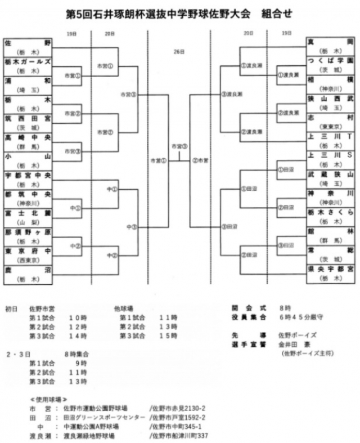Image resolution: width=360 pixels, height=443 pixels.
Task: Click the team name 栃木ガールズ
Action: (28, 61)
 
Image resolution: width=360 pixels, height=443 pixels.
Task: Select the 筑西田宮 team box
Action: (28, 119)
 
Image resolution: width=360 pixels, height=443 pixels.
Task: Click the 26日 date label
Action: (179, 52)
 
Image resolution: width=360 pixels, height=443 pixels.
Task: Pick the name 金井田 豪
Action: (287, 343)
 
